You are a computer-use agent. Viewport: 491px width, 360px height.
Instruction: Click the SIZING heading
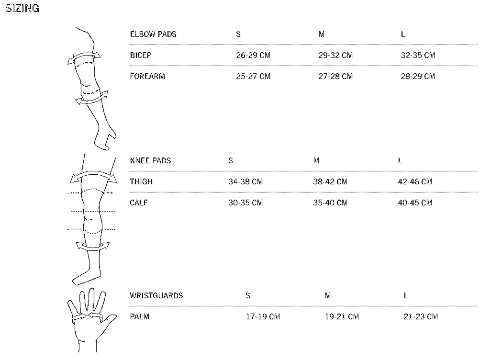point(22,9)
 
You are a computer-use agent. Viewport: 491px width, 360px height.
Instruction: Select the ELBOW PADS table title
point(153,34)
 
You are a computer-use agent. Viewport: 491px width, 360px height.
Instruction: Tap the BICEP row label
point(141,55)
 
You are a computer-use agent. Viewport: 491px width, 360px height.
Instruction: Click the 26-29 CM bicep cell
point(253,55)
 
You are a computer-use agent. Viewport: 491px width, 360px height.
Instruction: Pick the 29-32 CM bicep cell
point(335,55)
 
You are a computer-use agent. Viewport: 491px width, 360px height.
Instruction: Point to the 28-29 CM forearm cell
point(418,76)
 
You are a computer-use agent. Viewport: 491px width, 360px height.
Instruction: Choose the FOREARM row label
point(147,76)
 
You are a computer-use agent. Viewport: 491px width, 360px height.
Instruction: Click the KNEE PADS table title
point(150,160)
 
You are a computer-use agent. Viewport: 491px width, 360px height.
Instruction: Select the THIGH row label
point(141,181)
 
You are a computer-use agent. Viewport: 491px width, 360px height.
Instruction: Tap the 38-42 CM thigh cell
point(330,181)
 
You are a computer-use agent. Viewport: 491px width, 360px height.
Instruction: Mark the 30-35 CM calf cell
point(245,202)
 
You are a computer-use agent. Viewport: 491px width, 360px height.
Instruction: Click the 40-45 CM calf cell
point(415,202)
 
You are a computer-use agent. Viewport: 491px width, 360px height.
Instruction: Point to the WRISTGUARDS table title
point(156,295)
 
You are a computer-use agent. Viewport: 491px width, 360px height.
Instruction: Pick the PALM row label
point(140,316)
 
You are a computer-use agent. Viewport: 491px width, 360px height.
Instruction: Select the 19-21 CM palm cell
point(342,316)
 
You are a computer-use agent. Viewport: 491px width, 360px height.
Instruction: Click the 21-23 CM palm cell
point(421,316)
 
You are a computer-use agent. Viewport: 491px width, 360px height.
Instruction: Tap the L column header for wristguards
point(405,295)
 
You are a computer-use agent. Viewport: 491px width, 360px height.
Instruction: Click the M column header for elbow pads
point(321,34)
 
